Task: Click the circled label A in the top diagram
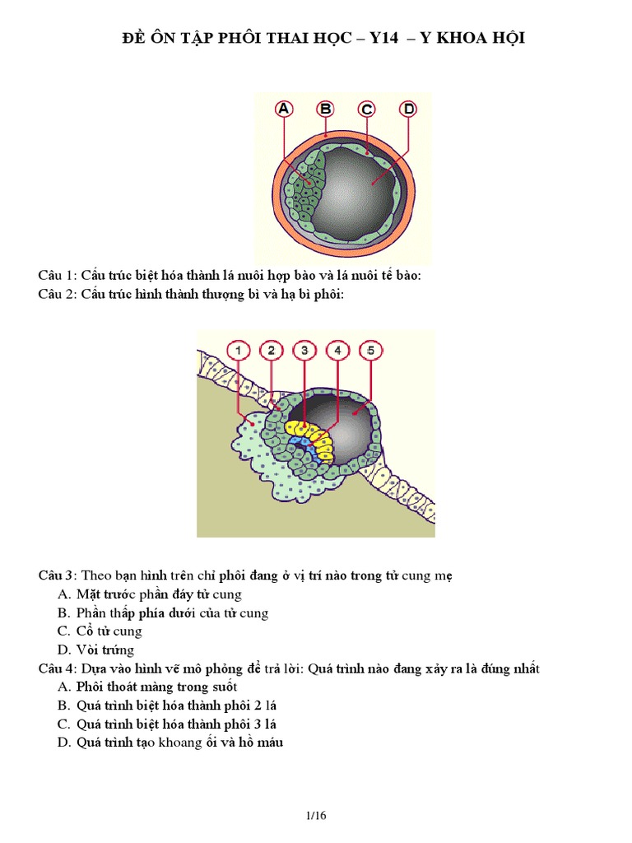click(x=284, y=109)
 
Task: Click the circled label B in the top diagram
click(x=325, y=109)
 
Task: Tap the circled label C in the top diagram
click(x=366, y=109)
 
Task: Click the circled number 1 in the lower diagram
click(x=238, y=351)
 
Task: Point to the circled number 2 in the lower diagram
click(x=272, y=351)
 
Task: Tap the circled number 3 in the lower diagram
click(x=304, y=351)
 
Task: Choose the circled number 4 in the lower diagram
click(x=337, y=351)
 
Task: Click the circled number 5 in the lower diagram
click(x=370, y=351)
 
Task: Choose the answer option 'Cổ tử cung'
click(x=109, y=631)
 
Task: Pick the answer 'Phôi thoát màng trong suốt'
click(x=157, y=687)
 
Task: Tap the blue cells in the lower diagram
click(x=306, y=445)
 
